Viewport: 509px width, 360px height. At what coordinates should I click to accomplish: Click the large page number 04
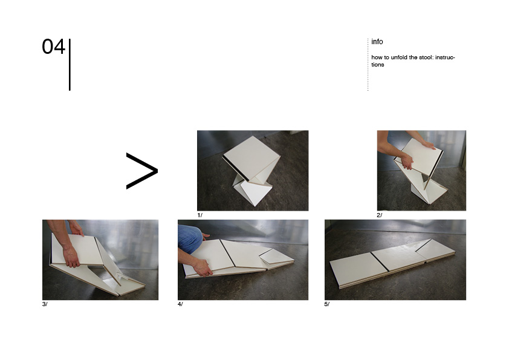click(x=54, y=47)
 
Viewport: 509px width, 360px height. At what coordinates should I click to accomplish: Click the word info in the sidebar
click(x=377, y=42)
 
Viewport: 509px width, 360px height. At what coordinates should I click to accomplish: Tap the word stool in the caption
click(x=426, y=57)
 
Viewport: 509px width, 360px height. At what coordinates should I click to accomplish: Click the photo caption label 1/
click(x=199, y=215)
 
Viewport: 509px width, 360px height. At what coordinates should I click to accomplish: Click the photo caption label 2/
click(x=380, y=215)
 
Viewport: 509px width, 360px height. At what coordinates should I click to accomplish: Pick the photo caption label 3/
click(x=45, y=304)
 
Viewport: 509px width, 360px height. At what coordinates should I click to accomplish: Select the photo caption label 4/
click(x=180, y=304)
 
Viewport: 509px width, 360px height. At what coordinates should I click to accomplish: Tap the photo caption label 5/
click(x=327, y=304)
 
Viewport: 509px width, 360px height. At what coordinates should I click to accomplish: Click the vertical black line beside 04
click(x=70, y=65)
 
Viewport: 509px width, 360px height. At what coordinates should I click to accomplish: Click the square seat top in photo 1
click(x=251, y=157)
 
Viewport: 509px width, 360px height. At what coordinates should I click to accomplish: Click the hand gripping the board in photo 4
click(x=202, y=267)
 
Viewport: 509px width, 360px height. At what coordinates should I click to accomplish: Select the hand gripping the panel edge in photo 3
click(x=71, y=257)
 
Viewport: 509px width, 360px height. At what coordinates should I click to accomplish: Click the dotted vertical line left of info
click(x=368, y=65)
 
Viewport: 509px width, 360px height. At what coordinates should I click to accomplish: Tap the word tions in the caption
click(x=378, y=65)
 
